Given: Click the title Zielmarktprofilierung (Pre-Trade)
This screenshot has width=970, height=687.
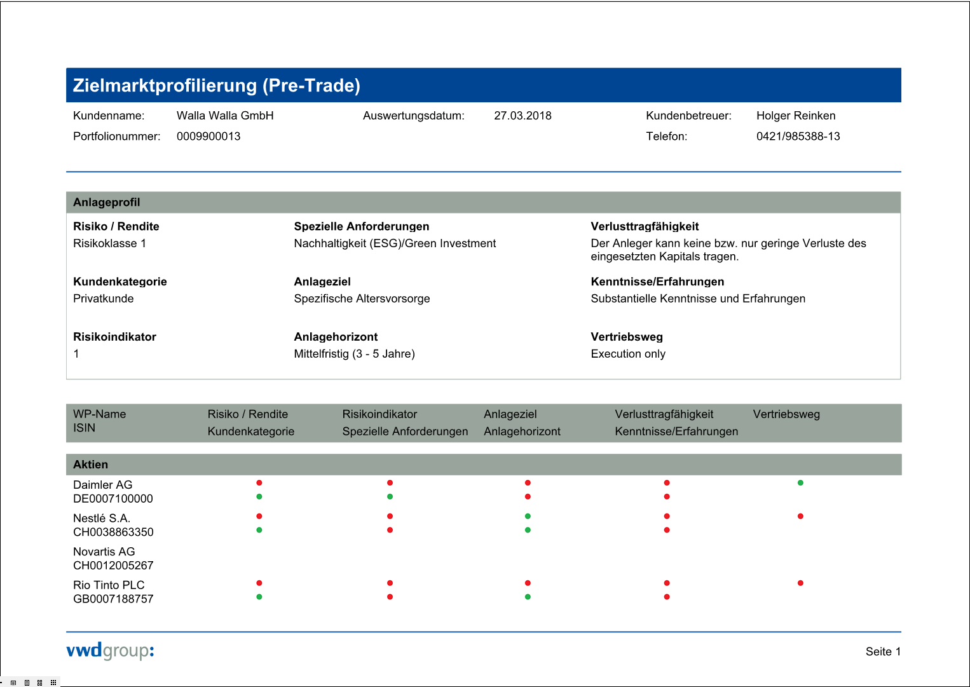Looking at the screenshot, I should pos(216,86).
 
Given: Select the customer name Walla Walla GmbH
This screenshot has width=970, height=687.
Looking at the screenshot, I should pos(225,116).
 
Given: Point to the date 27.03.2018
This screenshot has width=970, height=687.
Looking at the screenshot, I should pos(523,116).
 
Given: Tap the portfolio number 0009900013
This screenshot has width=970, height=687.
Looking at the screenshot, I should pos(208,137).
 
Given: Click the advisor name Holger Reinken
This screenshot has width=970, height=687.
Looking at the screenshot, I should pos(796,116).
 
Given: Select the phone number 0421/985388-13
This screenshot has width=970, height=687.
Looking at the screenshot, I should pos(798,137).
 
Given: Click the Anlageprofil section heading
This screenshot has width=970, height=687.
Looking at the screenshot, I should pos(107,203).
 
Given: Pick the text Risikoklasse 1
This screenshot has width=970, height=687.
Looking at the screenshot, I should pos(109,243).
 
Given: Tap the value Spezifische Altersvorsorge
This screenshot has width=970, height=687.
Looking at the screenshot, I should pos(362,299).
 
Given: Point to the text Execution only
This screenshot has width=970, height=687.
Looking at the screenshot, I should pos(628,354).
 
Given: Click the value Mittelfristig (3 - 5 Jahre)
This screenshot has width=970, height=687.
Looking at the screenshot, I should pos(354,354).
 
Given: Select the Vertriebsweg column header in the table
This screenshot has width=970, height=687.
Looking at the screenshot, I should pos(786,414).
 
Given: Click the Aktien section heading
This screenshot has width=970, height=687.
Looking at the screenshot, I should pos(90,465).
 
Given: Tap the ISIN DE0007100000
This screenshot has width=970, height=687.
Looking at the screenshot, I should pos(113,499).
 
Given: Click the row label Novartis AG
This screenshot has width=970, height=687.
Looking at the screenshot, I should pos(104,552).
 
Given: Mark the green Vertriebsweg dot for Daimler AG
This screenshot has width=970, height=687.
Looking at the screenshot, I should pos(800,483).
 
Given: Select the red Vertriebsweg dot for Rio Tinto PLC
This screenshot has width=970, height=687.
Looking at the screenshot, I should pos(800,583).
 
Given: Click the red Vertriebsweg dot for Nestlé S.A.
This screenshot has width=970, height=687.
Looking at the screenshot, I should pos(800,516).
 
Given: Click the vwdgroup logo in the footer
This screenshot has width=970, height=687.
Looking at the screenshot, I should pos(110,651).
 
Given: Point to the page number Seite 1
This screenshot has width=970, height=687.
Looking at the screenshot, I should pos(883,651).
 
